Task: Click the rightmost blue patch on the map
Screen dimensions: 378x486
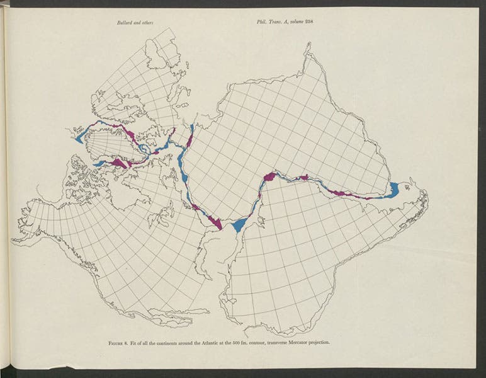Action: [393, 189]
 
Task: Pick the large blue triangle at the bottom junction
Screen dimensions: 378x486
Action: [239, 224]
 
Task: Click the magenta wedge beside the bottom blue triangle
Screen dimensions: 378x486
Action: [216, 221]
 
